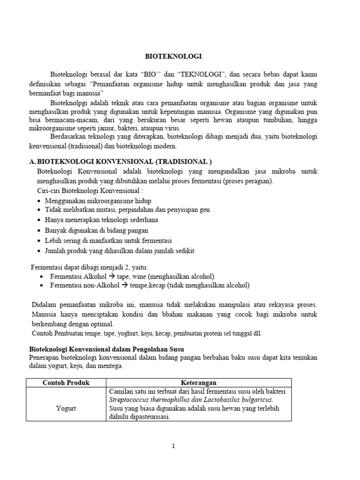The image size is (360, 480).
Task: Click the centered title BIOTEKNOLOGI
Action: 172,56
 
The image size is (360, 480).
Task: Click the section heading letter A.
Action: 32,161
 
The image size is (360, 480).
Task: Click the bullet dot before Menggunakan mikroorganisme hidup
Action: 39,201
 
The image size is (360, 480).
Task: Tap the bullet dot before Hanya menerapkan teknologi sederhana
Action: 39,220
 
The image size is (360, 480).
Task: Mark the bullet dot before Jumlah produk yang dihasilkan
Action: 39,251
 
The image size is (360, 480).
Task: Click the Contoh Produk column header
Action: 66,382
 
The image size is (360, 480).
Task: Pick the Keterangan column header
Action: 199,382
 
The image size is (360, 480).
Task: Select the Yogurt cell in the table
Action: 66,408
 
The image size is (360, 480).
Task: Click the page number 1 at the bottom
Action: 173,446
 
